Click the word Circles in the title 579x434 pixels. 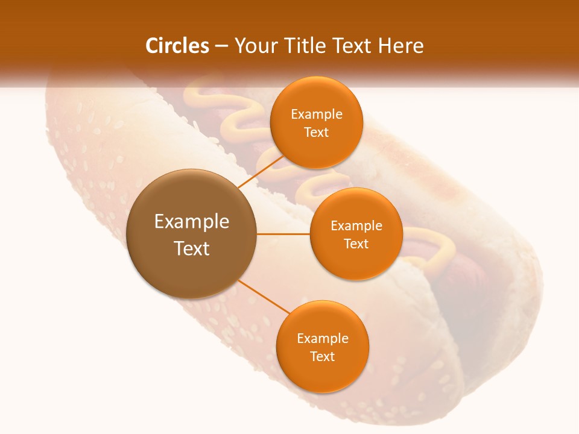coord(177,46)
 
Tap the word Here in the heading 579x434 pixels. coord(400,46)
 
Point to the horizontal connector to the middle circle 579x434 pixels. coord(283,234)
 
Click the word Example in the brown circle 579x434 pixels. coord(192,222)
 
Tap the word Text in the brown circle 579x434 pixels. coord(192,248)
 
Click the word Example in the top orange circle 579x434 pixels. coord(317,115)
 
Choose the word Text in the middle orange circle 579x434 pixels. coord(356,244)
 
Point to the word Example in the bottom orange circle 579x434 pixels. coord(323,339)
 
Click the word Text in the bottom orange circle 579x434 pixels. coord(323,357)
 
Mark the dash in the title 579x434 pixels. coord(221,46)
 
